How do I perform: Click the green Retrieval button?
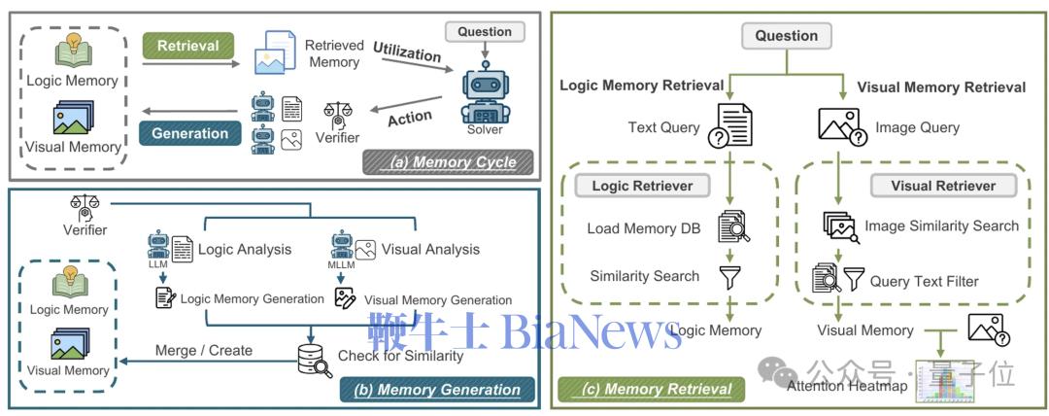click(x=187, y=45)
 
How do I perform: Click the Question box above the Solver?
click(x=486, y=32)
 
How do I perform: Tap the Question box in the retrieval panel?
click(x=787, y=36)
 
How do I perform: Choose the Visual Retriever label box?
click(x=942, y=185)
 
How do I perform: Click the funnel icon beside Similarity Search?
click(x=730, y=276)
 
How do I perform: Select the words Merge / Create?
click(x=204, y=350)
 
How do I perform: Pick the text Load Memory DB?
click(x=642, y=229)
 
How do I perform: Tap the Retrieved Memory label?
click(x=334, y=53)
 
